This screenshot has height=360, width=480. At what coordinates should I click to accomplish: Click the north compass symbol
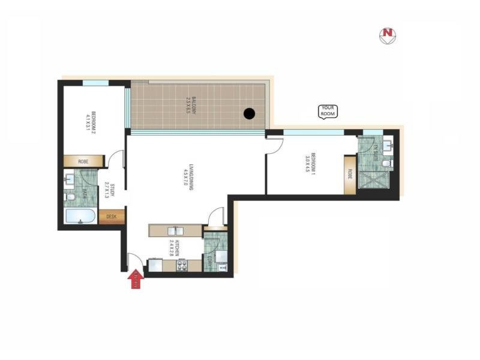point(388,35)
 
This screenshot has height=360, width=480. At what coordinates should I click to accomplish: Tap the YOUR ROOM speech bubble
point(328,110)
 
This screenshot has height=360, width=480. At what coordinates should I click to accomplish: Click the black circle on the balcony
point(250,113)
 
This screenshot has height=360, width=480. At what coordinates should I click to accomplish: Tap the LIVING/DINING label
point(191,178)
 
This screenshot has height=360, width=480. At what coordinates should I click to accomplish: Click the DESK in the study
point(112,217)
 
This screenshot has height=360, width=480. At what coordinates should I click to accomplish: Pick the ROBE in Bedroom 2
point(83,161)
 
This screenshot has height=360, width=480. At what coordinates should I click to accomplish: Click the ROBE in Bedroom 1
point(349,175)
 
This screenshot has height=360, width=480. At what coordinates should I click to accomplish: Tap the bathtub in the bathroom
point(80,217)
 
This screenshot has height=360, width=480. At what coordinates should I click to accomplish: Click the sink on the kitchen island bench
point(175,230)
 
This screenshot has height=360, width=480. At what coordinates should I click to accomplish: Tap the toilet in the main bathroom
point(70,197)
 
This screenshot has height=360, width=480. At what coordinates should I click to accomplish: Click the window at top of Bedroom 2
point(95,83)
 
